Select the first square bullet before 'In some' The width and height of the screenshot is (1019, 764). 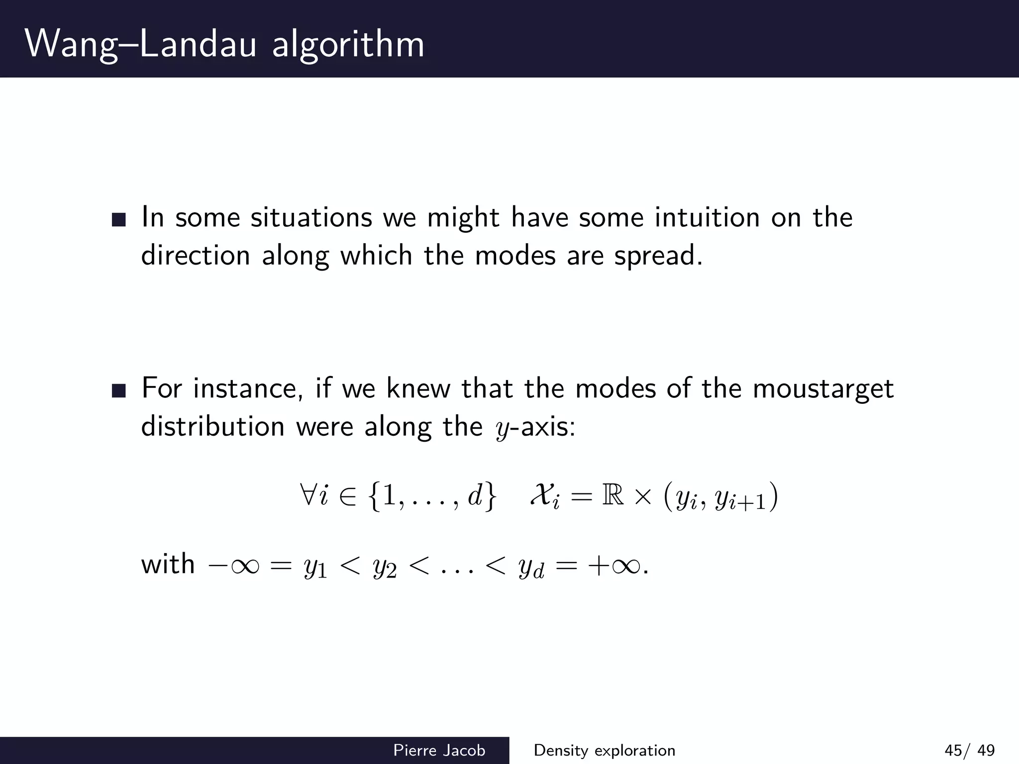(x=119, y=219)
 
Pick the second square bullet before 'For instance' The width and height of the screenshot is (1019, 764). (x=119, y=390)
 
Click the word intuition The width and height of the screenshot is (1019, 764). (x=707, y=217)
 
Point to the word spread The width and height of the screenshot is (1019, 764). (x=658, y=256)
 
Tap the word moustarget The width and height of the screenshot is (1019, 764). (x=823, y=389)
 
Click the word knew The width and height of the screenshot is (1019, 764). (x=417, y=388)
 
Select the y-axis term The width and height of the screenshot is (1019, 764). (x=535, y=428)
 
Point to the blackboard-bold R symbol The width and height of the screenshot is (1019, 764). (x=612, y=496)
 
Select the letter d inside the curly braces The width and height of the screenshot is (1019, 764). (x=475, y=496)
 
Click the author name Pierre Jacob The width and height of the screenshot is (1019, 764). (x=439, y=750)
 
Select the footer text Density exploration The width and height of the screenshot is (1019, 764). (x=604, y=750)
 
